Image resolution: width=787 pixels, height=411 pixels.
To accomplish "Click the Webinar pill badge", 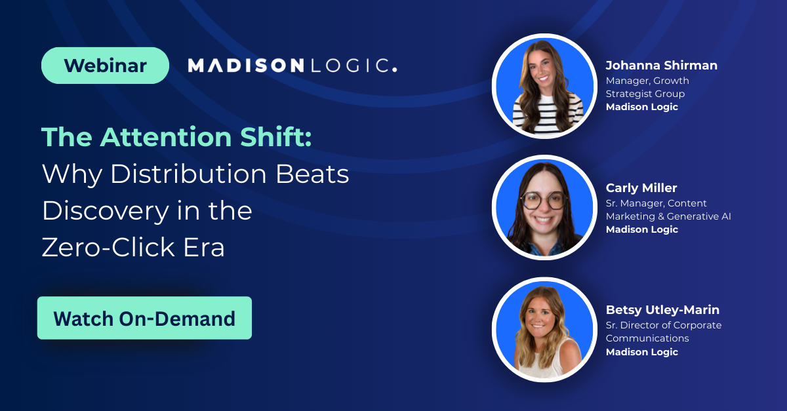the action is point(105,66).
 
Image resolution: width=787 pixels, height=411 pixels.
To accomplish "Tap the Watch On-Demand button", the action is point(144,318).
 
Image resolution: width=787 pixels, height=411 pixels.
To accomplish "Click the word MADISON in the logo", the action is point(246,66).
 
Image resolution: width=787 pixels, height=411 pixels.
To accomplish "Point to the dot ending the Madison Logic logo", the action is point(395,70).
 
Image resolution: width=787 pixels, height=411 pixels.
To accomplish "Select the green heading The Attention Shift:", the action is point(176,136).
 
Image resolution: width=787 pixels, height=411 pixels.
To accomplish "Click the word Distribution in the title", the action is point(189,174).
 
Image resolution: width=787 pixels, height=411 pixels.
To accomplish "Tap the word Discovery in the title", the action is point(106,211).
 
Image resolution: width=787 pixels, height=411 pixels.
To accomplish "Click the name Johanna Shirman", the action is point(662,66).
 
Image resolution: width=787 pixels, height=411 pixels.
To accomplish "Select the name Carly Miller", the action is point(641,188).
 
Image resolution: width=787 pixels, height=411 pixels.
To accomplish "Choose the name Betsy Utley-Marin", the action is point(662,310).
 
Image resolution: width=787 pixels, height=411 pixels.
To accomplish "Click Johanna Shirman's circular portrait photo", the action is point(544,86).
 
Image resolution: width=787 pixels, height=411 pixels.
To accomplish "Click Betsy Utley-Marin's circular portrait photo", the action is point(544,330).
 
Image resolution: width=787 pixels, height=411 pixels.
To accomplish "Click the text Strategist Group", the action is point(645,94).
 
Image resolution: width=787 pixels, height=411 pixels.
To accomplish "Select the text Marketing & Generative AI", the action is point(668,216).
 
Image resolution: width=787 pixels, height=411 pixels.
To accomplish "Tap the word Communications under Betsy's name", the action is point(647,338).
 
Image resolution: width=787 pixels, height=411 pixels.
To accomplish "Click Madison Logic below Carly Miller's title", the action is point(642,229).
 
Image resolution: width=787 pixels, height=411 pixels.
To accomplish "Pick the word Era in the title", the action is point(204,247).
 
